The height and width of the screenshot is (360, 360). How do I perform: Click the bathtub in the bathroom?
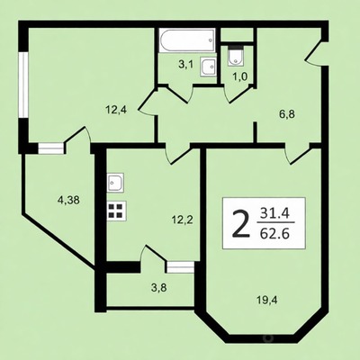(187, 40)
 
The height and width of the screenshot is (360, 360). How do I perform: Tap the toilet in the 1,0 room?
(236, 56)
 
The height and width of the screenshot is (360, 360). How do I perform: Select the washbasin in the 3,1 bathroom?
(208, 67)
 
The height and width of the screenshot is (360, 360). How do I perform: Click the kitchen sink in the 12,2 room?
(115, 183)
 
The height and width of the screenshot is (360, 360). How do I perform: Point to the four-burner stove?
(116, 211)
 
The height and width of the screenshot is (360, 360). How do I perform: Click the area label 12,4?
(116, 110)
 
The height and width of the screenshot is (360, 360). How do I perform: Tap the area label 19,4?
(267, 300)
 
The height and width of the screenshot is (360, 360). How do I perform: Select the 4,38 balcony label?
(68, 200)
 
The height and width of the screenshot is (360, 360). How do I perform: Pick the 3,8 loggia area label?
(158, 288)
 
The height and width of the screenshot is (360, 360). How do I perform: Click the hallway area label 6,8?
(287, 114)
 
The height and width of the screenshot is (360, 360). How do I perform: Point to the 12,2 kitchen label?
(182, 220)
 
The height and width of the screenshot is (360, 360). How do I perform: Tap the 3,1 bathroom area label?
(186, 64)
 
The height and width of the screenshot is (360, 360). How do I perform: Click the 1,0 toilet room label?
(240, 76)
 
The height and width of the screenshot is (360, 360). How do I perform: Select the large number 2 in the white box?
(241, 223)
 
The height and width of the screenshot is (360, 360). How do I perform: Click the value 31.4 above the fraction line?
(274, 213)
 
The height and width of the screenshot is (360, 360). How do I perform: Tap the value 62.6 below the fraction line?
(274, 233)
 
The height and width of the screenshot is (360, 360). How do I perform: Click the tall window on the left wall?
(23, 85)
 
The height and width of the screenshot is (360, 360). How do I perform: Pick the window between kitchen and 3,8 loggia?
(180, 266)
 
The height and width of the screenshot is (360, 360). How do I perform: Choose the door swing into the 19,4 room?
(297, 154)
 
